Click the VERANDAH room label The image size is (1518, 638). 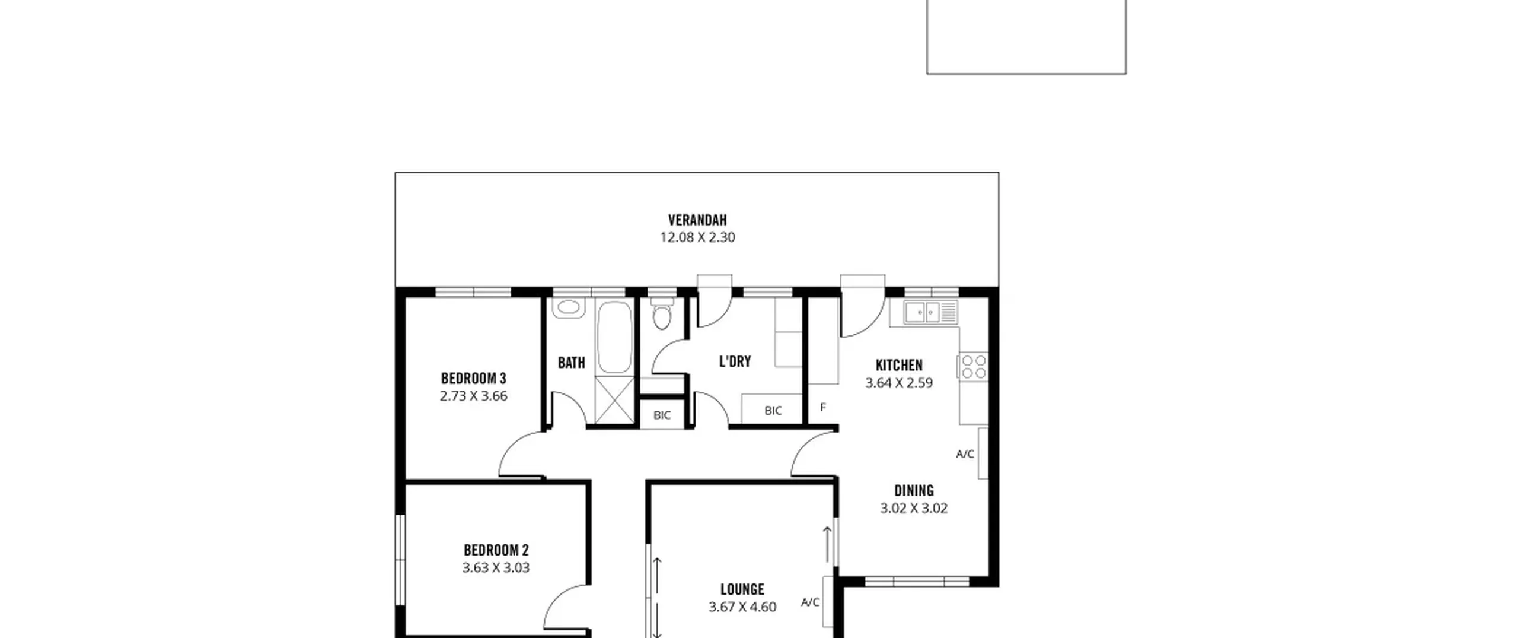point(697,220)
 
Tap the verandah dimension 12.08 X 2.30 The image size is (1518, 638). point(697,237)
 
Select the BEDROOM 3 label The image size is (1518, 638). point(473,378)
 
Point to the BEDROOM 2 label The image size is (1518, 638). point(496,550)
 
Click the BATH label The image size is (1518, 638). point(572,363)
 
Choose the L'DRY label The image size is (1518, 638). point(735,361)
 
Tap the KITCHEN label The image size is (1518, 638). point(899,365)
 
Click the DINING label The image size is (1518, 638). point(914,491)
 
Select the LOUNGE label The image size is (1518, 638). point(742,589)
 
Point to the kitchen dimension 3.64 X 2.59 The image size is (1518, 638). point(899,383)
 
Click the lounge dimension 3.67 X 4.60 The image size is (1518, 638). point(742,607)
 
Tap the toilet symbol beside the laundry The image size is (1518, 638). point(662,314)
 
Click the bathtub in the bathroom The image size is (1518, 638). point(615,337)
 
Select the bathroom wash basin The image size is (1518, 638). point(569,307)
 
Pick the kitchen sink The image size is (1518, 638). point(931,312)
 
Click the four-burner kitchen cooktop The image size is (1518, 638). point(973,366)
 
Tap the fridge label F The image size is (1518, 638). point(823,407)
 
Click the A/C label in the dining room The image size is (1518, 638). point(965,454)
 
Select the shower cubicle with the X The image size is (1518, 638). point(614,400)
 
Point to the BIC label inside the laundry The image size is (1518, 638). point(773,411)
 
